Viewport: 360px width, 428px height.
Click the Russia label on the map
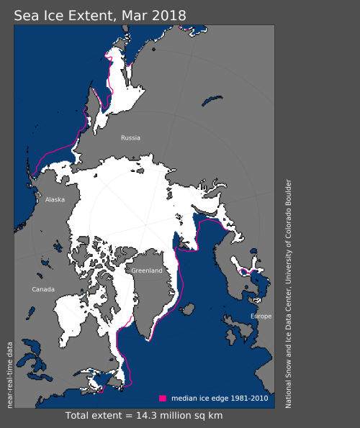[130, 137]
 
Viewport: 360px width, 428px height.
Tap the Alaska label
[55, 200]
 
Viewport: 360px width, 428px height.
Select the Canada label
[42, 289]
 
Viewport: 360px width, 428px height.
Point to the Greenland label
[146, 270]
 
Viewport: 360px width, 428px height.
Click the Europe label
[261, 317]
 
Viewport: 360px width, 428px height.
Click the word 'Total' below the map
[81, 416]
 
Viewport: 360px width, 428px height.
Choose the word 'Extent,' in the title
[90, 14]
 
